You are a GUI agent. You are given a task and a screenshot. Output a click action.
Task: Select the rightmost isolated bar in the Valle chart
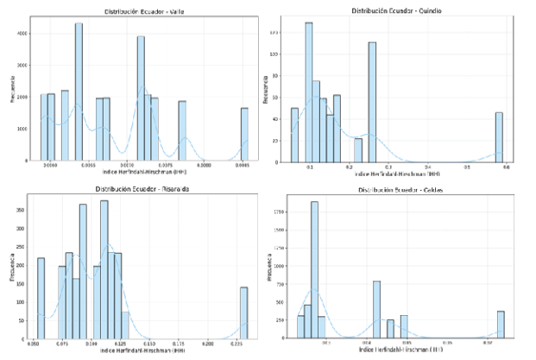click(244, 134)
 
